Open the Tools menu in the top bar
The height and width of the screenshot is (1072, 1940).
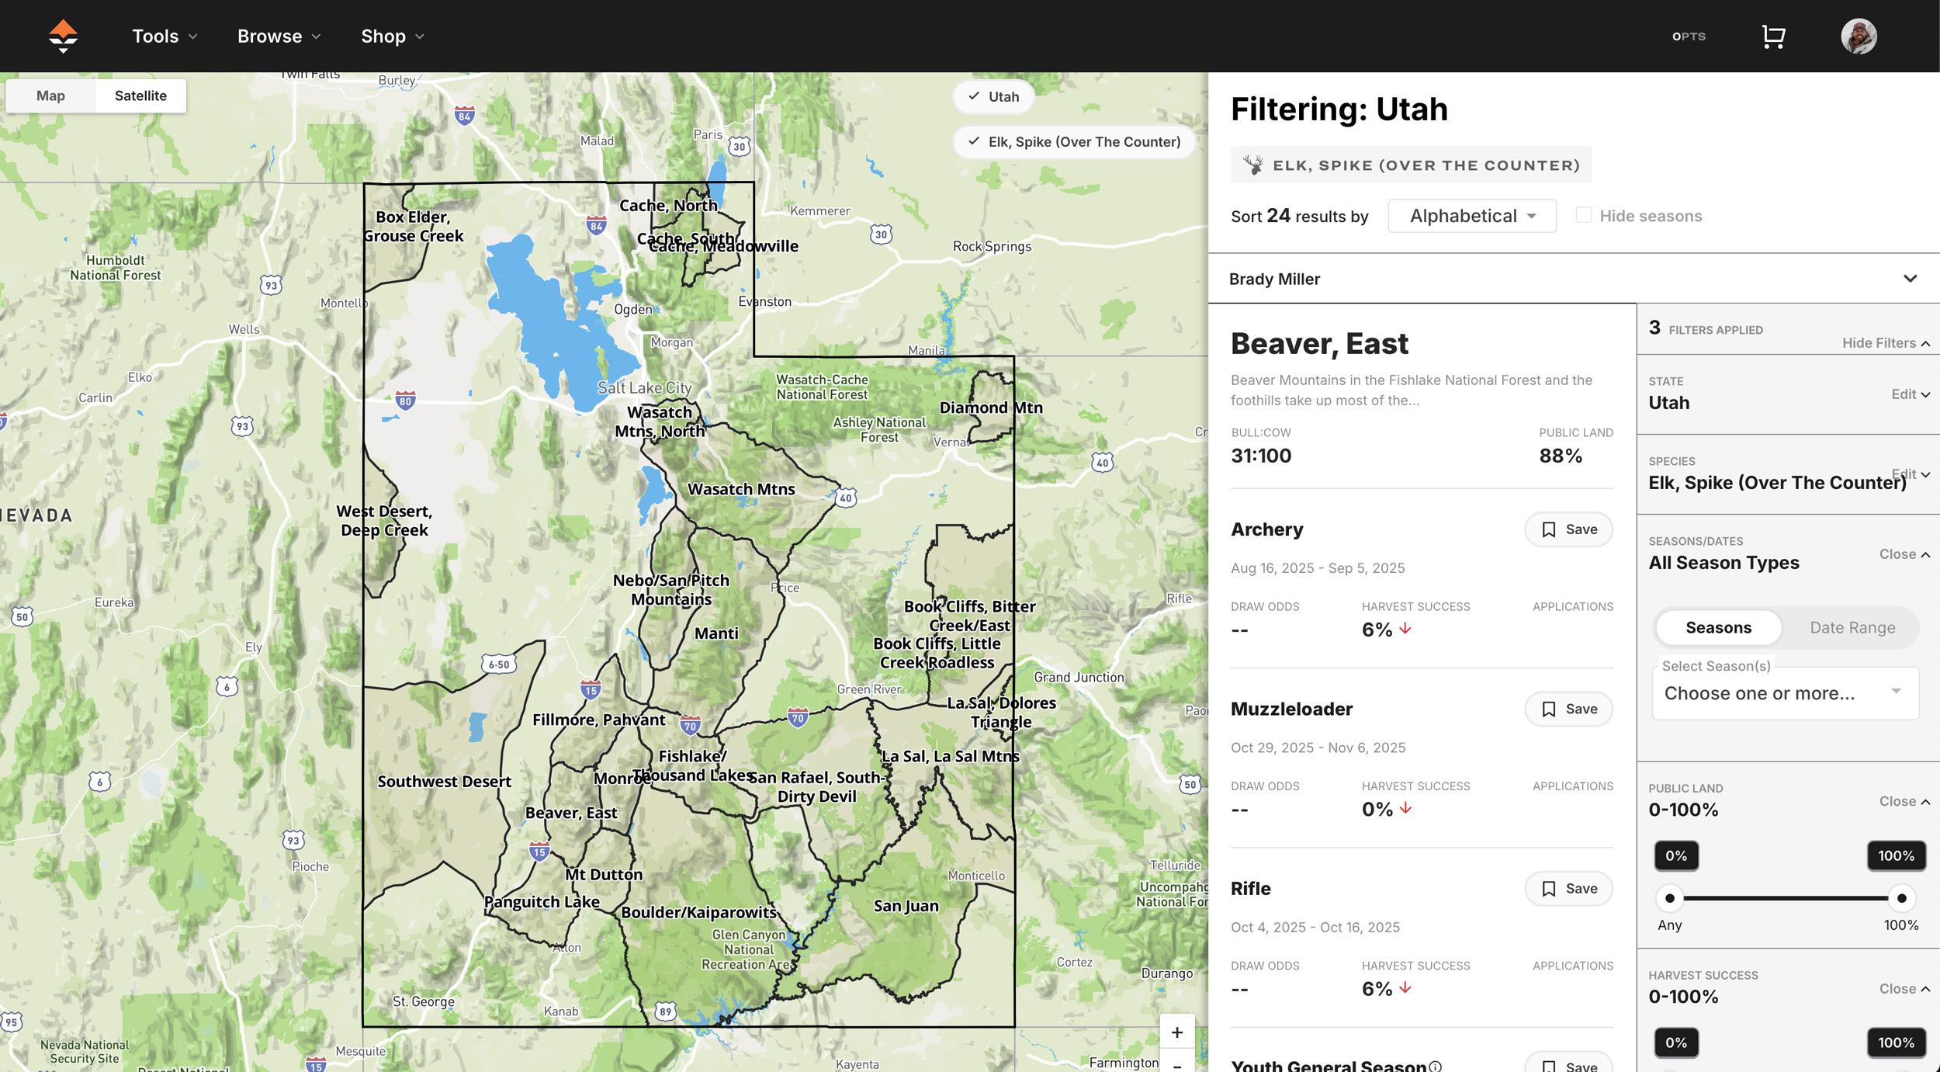[x=164, y=36]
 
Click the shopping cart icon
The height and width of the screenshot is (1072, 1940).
[x=1773, y=36]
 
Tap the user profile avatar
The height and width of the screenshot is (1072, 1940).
[x=1859, y=36]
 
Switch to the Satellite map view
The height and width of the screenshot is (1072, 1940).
[x=140, y=95]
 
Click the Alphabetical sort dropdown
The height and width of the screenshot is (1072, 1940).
[x=1471, y=216]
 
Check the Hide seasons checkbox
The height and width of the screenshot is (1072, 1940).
[x=1584, y=215]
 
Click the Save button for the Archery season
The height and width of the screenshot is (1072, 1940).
[x=1568, y=529]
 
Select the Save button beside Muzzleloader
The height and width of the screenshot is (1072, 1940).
[x=1568, y=709]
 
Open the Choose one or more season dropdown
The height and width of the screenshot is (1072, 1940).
[x=1785, y=693]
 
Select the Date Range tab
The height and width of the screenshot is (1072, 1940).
[x=1852, y=628]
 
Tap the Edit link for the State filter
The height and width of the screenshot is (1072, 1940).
[x=1910, y=394]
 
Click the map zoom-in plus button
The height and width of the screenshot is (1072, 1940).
[x=1176, y=1032]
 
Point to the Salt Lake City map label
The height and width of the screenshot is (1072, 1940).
[x=644, y=387]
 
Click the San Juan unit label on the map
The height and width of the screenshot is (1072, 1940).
[x=906, y=906]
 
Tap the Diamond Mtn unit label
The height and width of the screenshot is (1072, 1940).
[x=990, y=408]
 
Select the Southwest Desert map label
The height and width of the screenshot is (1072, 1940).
[x=444, y=782]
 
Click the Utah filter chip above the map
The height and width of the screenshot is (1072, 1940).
[x=993, y=97]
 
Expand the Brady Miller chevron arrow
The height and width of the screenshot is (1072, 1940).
[x=1910, y=279]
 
